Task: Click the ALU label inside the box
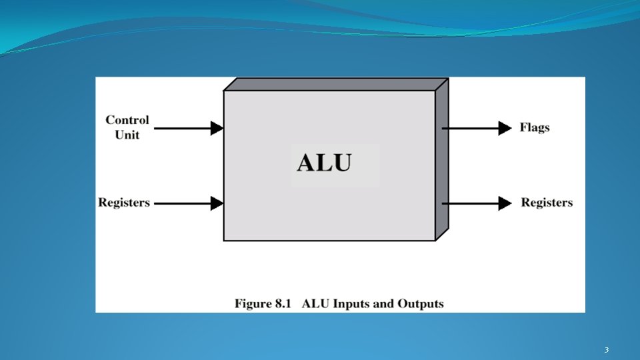[324, 163]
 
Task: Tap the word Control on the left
[127, 121]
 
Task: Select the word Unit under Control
[127, 135]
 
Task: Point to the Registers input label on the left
[124, 203]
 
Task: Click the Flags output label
[535, 127]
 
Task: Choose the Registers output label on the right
[547, 203]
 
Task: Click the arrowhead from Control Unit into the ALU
[217, 128]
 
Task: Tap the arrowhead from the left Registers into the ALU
[217, 203]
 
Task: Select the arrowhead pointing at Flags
[505, 128]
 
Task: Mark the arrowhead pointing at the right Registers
[505, 203]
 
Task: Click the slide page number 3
[607, 350]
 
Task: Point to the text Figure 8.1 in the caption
[263, 304]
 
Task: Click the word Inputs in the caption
[351, 304]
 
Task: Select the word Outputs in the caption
[421, 304]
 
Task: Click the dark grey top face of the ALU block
[333, 84]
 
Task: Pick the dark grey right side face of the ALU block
[441, 160]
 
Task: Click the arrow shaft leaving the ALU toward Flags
[470, 128]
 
